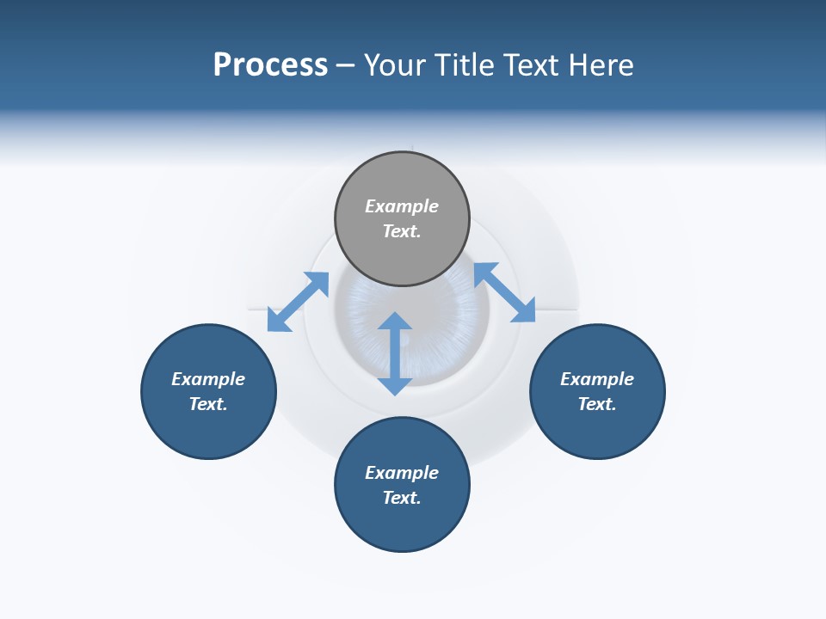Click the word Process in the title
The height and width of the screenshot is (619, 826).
pos(270,65)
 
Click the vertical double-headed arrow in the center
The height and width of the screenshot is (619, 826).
pos(395,353)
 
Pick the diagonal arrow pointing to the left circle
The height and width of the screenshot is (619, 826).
pos(298,302)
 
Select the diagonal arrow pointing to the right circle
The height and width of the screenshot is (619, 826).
pos(505,292)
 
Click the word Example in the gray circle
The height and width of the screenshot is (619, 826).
pos(402,206)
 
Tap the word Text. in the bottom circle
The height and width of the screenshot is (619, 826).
pos(402,498)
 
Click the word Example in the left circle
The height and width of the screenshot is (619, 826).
pos(208,379)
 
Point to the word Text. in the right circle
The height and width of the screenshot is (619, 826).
pos(597,404)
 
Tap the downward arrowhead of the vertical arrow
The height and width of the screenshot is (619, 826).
pos(395,386)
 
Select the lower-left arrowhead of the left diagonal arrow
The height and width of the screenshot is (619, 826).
pos(277,322)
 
